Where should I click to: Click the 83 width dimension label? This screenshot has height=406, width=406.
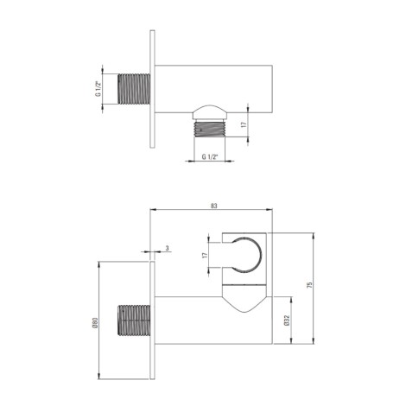(213, 206)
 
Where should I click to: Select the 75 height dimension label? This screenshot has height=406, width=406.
(309, 285)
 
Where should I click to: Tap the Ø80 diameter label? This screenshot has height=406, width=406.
(97, 322)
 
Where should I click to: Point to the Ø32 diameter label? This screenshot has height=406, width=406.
(286, 320)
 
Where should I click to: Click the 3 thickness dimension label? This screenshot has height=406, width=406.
(168, 248)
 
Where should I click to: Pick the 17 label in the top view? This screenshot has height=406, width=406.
(244, 124)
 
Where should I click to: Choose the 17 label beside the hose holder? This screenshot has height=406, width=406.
(205, 255)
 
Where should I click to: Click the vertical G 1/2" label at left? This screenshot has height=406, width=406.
(98, 89)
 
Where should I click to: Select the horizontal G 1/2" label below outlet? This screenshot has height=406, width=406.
(210, 157)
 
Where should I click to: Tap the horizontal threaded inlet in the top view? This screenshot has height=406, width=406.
(134, 89)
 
